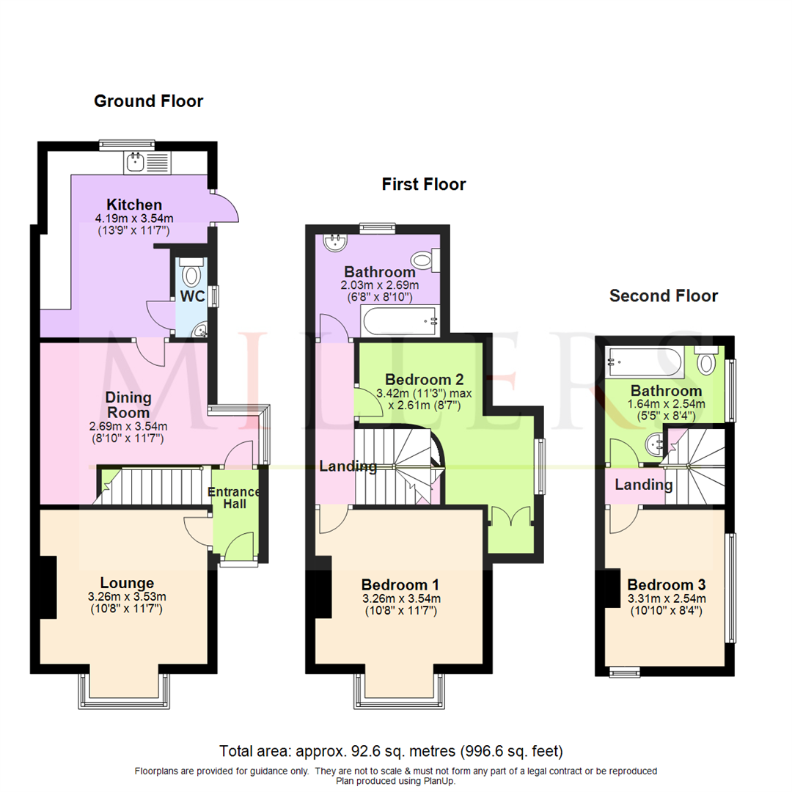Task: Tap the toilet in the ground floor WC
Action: tap(192, 274)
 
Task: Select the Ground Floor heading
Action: tap(148, 101)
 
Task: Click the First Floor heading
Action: tap(423, 184)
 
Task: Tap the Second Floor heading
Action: tap(663, 296)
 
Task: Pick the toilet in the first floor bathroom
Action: tap(424, 259)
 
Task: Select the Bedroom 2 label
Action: tap(424, 380)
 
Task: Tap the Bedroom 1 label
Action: tap(400, 584)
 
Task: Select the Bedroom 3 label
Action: tap(666, 584)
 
